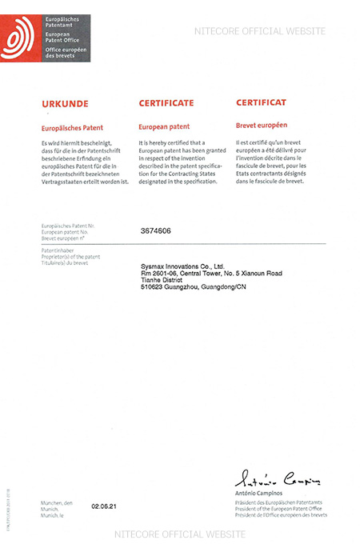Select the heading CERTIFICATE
(x=166, y=104)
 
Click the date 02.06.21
(x=103, y=506)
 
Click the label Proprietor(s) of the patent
(x=70, y=258)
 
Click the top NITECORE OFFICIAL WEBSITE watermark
(x=260, y=31)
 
